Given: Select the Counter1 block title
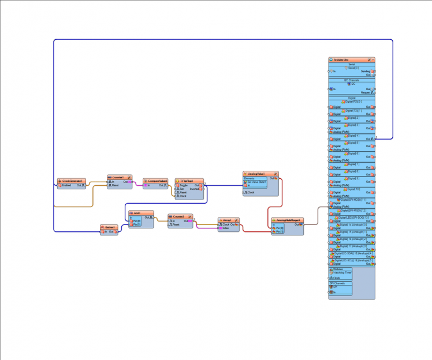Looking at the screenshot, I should (118, 177).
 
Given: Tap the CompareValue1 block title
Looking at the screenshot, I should (155, 181).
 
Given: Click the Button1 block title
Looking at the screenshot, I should (110, 227).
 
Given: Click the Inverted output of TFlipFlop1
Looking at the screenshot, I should (195, 189).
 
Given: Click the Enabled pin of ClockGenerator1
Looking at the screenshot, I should (66, 185).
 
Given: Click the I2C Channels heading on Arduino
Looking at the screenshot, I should (352, 80).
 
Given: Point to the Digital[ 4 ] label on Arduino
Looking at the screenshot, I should (353, 136).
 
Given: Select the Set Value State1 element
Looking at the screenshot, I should (256, 182).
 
